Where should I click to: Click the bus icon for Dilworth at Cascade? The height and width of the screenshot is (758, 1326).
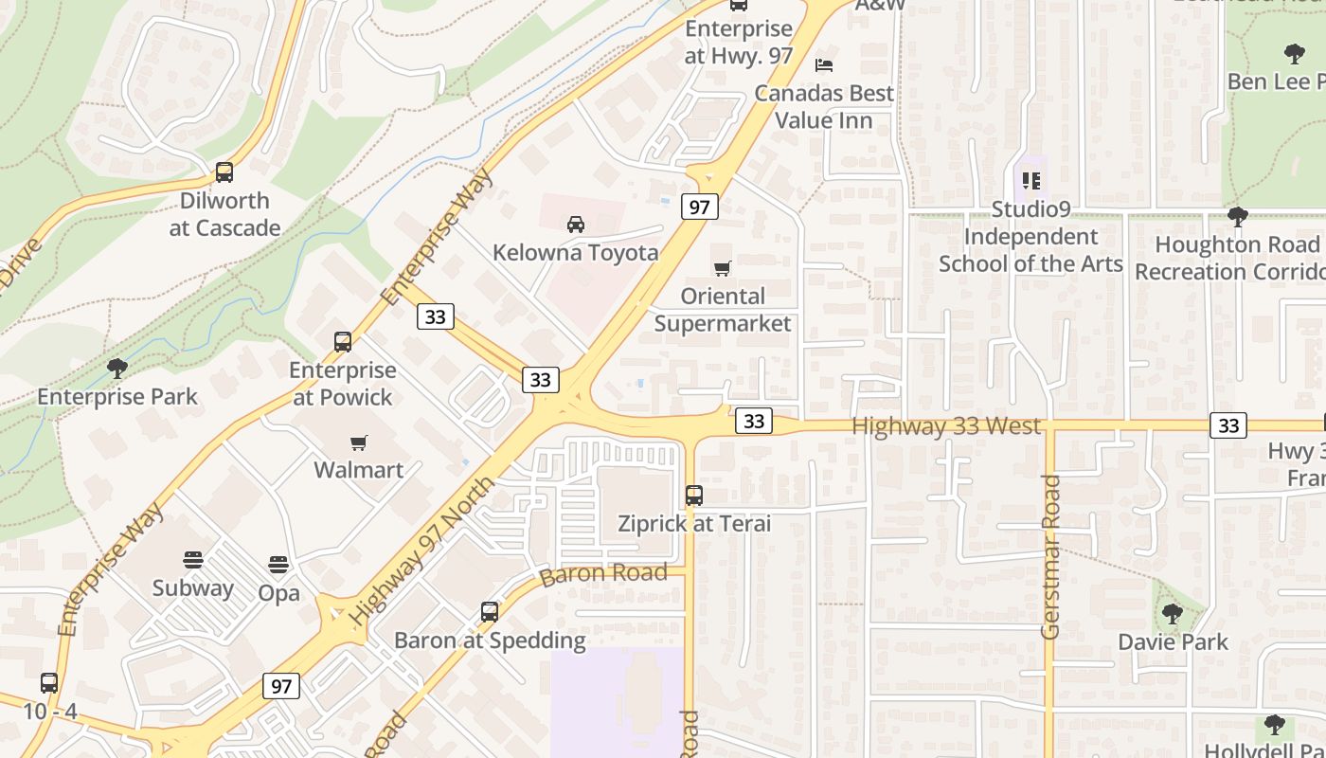(x=224, y=172)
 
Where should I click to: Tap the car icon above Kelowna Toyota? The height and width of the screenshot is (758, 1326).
(x=575, y=225)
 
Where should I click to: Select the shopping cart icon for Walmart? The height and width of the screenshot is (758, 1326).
(x=359, y=442)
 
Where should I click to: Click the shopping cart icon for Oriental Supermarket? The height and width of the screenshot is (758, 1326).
(x=723, y=269)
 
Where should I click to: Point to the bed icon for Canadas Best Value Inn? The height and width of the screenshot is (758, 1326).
(x=824, y=65)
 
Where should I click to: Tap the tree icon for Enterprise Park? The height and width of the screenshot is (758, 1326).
(x=117, y=368)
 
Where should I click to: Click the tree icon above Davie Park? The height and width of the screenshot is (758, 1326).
(x=1173, y=614)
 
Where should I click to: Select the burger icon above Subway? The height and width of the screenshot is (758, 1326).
(x=193, y=560)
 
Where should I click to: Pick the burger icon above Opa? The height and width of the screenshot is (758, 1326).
(x=278, y=565)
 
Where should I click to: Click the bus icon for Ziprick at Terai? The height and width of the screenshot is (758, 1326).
(x=694, y=495)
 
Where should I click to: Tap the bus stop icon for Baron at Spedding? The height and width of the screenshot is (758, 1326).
(x=490, y=612)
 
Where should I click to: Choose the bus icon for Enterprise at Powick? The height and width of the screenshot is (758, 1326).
(x=343, y=342)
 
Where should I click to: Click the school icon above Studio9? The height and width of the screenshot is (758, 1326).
(x=1030, y=180)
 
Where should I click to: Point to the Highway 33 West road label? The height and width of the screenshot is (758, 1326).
(x=946, y=426)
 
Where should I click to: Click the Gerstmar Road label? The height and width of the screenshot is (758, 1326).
(x=1050, y=556)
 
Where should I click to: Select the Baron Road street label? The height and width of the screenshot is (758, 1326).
(x=603, y=574)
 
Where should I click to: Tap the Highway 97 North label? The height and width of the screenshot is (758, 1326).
(x=421, y=550)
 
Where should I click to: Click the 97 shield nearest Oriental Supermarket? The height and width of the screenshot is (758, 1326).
(x=699, y=207)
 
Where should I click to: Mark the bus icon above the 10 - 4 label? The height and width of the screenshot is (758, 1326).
(x=49, y=682)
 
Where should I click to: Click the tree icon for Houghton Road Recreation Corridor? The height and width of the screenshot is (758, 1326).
(x=1237, y=217)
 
